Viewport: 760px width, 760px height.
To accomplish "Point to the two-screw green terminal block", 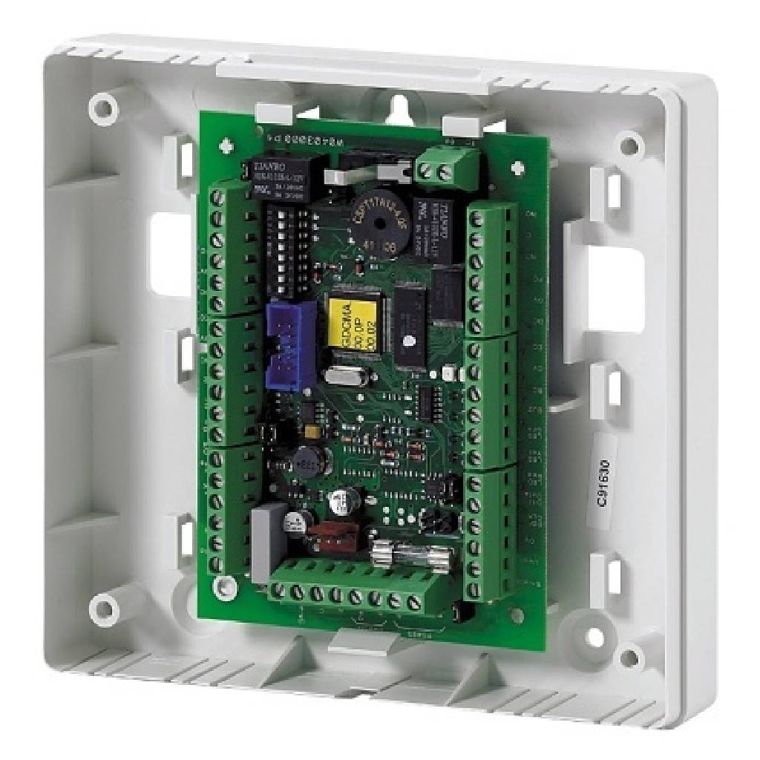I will (436, 169).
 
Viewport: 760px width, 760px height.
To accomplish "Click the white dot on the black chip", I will (407, 341).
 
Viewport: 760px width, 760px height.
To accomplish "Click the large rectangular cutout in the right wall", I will (614, 289).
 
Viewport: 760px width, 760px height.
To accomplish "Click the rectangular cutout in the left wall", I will (172, 254).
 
